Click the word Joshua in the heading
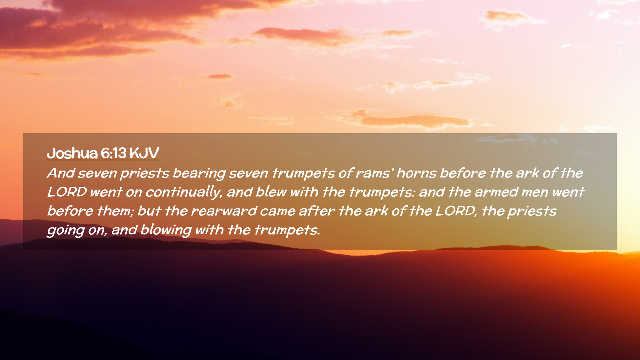(72, 153)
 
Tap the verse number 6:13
(113, 153)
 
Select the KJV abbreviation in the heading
(144, 153)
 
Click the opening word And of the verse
(61, 173)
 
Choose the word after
(316, 211)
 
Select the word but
(149, 211)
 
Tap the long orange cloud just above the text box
(415, 121)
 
